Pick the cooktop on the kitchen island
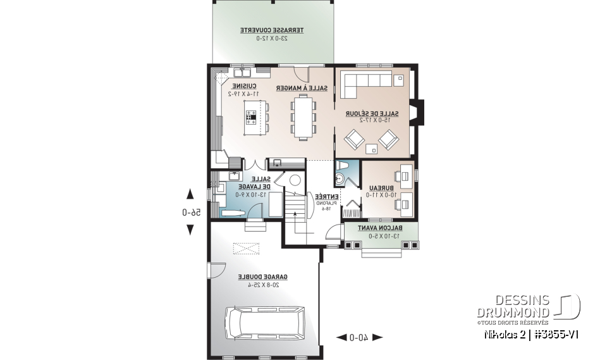point(252,116)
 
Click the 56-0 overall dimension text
point(189,212)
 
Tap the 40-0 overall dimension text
point(359,337)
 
